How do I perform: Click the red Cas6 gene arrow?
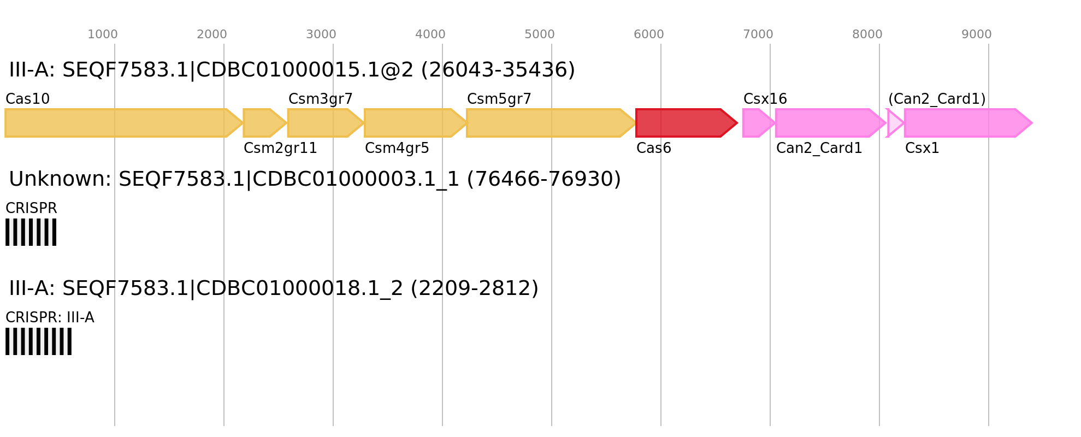(687, 123)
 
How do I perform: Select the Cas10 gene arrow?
(124, 123)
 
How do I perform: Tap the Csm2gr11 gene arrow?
(265, 123)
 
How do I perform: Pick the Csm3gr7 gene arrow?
(326, 123)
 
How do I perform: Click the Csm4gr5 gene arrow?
(416, 123)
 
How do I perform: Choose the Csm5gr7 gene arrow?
(552, 123)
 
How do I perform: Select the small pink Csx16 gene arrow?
(759, 123)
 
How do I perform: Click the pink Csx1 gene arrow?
(968, 123)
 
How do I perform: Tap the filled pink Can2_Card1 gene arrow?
(831, 123)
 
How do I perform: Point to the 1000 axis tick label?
(103, 34)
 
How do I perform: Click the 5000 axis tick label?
(540, 34)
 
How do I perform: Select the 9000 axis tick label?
(977, 34)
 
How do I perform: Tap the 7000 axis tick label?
(758, 34)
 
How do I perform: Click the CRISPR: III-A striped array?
(39, 341)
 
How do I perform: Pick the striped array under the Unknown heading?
(31, 232)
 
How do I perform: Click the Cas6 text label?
(654, 149)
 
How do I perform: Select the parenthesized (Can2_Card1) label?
(937, 99)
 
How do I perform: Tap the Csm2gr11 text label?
(281, 149)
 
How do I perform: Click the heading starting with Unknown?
(315, 179)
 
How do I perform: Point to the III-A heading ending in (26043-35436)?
(292, 70)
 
